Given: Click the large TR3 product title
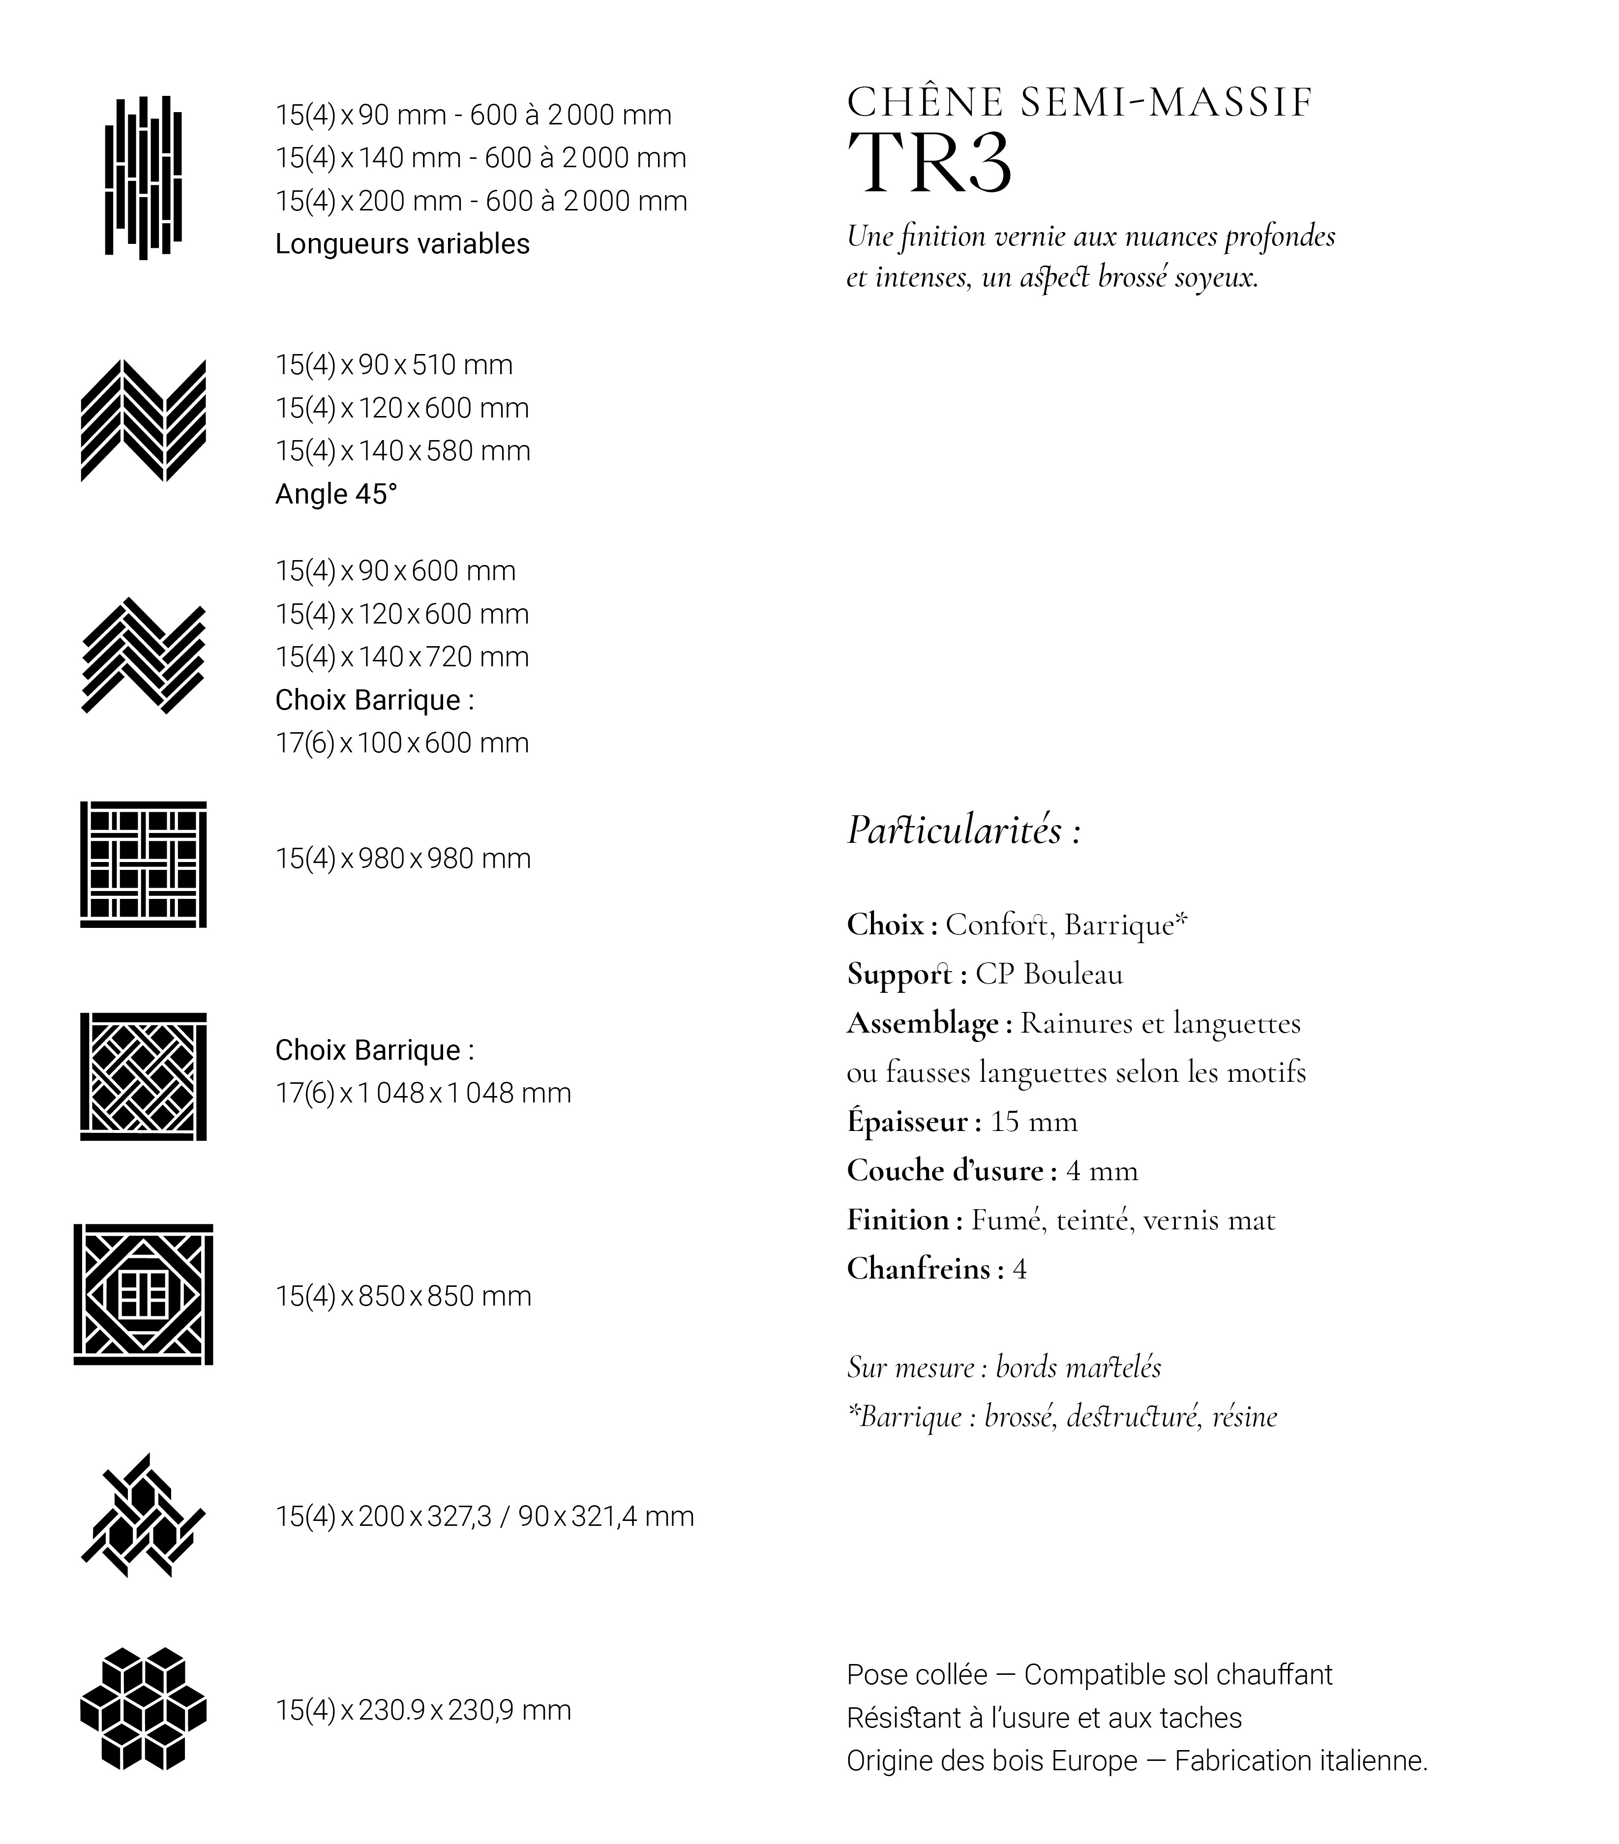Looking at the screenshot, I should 929,163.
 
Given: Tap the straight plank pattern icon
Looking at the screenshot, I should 144,177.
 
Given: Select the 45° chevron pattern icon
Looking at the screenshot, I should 144,420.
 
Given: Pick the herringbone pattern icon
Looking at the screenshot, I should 144,656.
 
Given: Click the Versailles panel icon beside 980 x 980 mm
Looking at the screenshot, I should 144,864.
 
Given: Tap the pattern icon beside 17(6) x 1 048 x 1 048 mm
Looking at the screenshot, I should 144,1076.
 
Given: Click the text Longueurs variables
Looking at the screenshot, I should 402,243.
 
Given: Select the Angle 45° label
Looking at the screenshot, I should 336,494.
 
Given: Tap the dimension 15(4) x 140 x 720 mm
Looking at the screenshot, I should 402,657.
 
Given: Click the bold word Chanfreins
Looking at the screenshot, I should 919,1269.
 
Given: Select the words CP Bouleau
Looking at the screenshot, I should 1049,974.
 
